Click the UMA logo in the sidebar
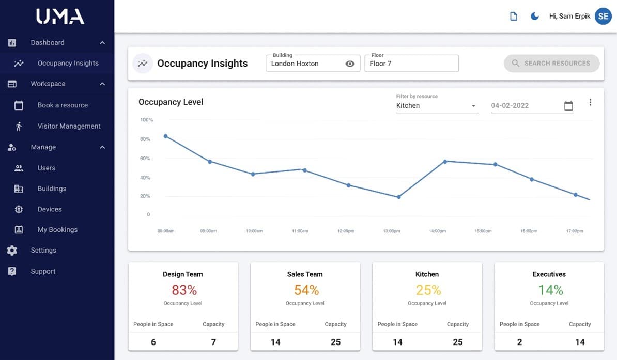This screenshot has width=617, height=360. point(60,17)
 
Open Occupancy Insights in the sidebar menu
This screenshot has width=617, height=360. point(68,63)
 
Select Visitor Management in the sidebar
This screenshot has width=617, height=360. point(69,126)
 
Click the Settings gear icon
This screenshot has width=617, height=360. point(12,250)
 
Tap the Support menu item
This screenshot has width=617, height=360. point(43,271)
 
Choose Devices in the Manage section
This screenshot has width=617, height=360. point(50,209)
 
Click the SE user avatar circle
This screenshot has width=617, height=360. point(603,16)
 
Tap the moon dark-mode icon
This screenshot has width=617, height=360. point(534,16)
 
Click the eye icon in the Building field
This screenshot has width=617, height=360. point(350,64)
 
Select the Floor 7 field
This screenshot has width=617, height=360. point(411,64)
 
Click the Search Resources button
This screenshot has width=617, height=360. point(552,64)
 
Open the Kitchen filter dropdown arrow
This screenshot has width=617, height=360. point(473,106)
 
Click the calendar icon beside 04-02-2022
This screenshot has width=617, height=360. point(568,105)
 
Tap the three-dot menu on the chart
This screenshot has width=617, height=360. point(590,102)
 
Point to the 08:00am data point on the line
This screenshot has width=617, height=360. point(166,136)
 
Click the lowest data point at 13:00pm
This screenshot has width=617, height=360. point(398,197)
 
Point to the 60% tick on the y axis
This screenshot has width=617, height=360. point(145,158)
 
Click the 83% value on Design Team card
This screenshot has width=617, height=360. point(184,290)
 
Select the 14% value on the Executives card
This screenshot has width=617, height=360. point(550,290)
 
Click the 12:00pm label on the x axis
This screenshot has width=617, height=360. point(346,231)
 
